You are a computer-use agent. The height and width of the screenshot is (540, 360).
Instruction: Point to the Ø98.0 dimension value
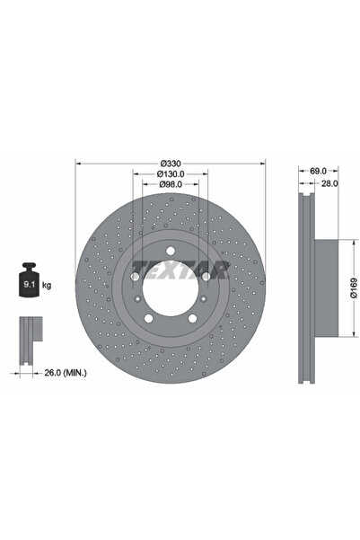(170, 185)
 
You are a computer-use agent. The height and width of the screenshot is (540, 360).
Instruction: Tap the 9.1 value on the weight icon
(25, 286)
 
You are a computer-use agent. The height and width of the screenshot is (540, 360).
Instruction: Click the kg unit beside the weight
(47, 285)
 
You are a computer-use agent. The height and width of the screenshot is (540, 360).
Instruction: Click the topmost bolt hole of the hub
(170, 252)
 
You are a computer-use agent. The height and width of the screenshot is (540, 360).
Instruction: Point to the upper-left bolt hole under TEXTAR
(136, 276)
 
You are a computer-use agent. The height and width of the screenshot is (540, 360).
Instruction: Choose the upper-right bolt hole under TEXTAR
(205, 276)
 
